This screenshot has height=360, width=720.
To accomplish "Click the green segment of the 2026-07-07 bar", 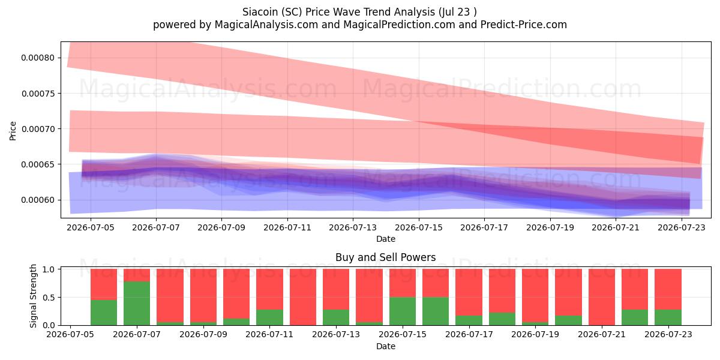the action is click(x=137, y=303).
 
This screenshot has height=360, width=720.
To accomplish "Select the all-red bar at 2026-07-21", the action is click(x=602, y=297).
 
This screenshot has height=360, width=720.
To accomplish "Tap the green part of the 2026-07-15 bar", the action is click(x=403, y=311).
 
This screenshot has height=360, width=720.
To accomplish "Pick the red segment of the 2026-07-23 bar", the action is click(x=668, y=289).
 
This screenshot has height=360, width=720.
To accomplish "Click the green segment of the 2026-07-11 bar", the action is click(x=269, y=317).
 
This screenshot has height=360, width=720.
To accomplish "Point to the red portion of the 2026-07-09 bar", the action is click(x=203, y=295).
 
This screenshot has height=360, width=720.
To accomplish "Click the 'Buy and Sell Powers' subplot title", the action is click(x=385, y=257).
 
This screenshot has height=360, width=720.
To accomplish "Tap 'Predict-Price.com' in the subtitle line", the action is click(x=524, y=25).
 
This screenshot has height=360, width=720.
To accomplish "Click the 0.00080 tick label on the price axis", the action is click(x=38, y=58).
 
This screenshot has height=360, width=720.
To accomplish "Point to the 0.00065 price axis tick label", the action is click(x=38, y=164).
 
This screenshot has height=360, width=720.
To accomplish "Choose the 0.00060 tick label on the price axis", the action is click(x=38, y=200).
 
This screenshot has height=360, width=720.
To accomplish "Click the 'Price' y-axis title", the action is click(x=13, y=131).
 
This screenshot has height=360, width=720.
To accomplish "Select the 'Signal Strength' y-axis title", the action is click(x=33, y=296).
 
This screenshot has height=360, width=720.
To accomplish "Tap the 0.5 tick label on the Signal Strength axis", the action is click(x=49, y=298).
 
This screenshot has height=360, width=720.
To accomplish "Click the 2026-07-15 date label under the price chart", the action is click(x=419, y=227).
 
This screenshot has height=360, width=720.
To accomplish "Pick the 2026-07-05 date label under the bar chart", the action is click(x=70, y=334).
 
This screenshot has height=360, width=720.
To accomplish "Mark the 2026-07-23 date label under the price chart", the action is click(x=682, y=227).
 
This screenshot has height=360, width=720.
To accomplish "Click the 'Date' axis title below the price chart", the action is click(x=386, y=239).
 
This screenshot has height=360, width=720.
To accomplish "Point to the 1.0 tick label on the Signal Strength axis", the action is click(x=49, y=269).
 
